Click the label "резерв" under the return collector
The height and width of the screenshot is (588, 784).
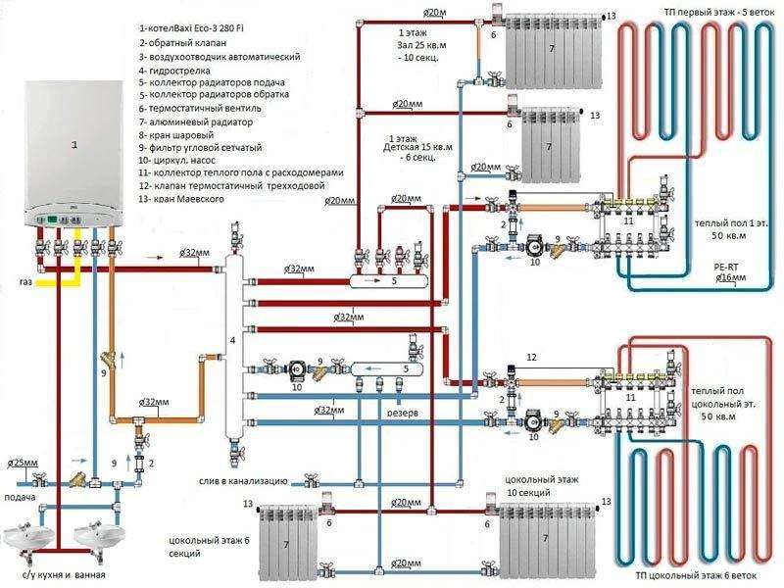pyautogui.click(x=400, y=414)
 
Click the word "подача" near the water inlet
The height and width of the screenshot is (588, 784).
pyautogui.click(x=22, y=497)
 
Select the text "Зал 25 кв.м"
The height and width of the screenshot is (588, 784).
pyautogui.click(x=410, y=46)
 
